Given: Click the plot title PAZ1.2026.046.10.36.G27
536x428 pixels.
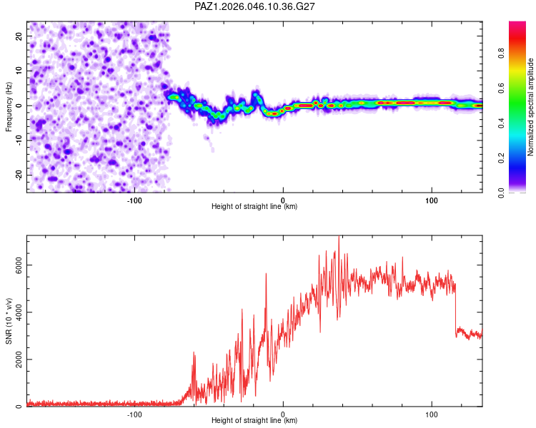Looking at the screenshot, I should pos(255,6).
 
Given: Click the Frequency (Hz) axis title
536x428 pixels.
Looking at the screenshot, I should pos(9,106).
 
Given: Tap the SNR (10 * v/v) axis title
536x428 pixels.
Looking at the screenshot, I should pos(9,320).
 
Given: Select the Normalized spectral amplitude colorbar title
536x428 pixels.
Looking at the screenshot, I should pos(530,106).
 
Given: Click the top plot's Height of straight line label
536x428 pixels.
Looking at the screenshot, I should pos(254,207).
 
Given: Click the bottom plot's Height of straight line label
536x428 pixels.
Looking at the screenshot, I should pos(254,421).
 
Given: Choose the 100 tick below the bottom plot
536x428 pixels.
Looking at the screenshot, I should pos(432,414).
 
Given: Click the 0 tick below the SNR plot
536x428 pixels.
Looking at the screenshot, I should pos(283,414).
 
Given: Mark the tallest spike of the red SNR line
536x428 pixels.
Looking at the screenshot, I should pos(339,238).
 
